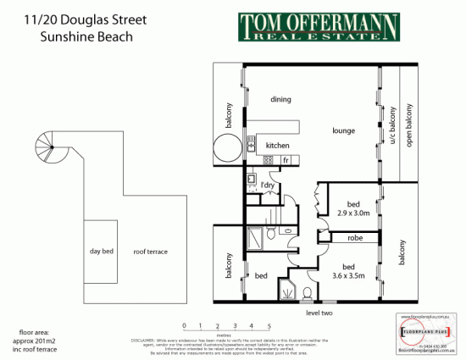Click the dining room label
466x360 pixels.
click(281, 99)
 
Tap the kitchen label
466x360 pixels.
click(277, 145)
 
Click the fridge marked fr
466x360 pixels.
click(286, 159)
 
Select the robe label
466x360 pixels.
click(355, 239)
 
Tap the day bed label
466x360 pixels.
click(102, 252)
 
